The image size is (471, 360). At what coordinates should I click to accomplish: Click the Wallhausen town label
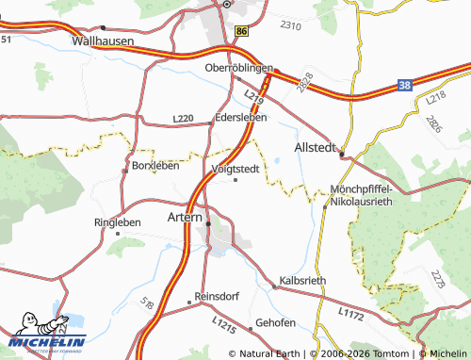(x=103, y=42)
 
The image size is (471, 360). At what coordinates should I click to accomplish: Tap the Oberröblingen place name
(x=238, y=69)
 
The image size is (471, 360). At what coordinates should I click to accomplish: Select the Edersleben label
(x=241, y=118)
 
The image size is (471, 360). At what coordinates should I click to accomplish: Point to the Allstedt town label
(x=316, y=148)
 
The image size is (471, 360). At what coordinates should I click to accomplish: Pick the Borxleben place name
(x=155, y=166)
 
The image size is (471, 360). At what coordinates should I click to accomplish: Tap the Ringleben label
(x=118, y=222)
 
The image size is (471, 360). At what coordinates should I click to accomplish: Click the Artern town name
(x=185, y=217)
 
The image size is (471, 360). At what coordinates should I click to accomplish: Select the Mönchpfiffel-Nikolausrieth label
(x=362, y=195)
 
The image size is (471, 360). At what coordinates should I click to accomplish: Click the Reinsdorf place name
(x=218, y=295)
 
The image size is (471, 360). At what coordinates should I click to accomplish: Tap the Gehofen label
(x=275, y=323)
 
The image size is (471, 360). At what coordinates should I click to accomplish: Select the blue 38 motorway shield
(x=404, y=85)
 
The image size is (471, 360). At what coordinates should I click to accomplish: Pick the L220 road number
(x=184, y=119)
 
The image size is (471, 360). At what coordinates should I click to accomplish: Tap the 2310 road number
(x=291, y=25)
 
